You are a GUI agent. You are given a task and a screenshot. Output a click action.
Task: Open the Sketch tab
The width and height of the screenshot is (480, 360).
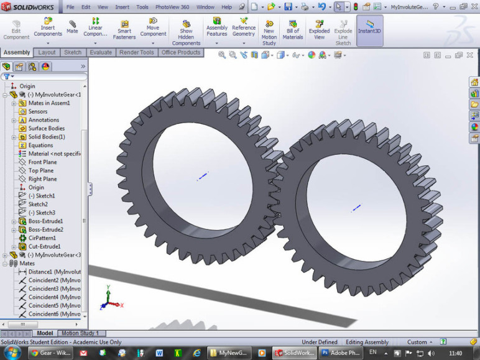73,53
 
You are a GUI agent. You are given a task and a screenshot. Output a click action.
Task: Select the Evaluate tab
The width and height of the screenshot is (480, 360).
101,53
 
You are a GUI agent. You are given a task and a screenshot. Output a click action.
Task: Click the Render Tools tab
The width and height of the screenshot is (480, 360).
137,53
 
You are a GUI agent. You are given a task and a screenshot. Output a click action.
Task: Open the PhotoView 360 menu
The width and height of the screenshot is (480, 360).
172,7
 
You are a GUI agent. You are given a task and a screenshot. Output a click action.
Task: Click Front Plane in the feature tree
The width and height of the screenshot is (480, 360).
42,162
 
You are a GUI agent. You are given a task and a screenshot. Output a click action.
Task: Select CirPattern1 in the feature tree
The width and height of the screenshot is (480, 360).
42,238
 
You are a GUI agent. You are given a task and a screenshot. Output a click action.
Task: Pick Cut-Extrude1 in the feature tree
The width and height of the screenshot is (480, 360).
44,247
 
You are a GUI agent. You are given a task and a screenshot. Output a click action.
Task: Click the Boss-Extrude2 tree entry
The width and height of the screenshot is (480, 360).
45,229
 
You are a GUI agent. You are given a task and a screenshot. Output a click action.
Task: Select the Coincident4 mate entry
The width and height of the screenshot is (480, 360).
54,297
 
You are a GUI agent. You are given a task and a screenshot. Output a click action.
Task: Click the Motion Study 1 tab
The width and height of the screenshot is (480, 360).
80,334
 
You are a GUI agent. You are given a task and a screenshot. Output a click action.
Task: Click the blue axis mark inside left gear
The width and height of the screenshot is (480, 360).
203,177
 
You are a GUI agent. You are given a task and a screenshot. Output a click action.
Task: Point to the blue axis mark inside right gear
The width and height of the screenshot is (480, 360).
356,208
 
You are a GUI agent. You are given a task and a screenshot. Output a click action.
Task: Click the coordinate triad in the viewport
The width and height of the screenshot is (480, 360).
109,300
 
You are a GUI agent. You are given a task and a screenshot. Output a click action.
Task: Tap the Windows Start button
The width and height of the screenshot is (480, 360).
12,353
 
